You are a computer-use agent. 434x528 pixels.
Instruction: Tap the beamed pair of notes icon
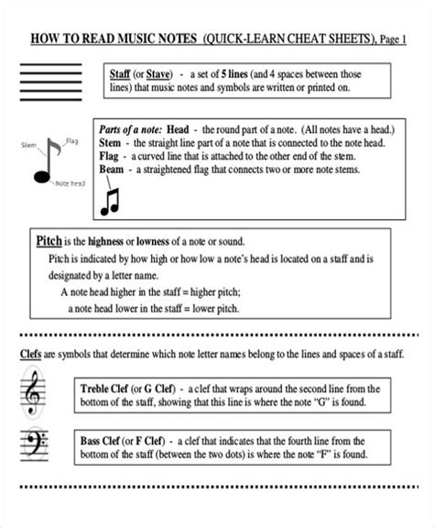111,201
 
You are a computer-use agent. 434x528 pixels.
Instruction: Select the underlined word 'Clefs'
29,354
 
